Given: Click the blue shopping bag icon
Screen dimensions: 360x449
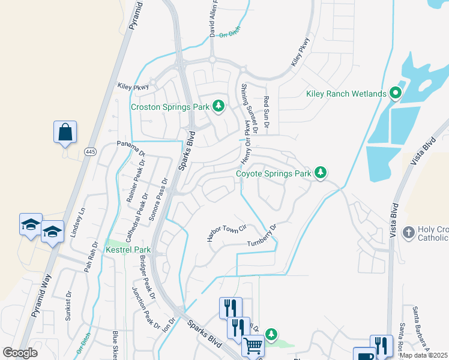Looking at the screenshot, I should pos(65,131).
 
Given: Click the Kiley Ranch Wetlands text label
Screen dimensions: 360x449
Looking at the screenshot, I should pos(345,94).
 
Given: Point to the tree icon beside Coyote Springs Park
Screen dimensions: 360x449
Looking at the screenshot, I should pos(321,173).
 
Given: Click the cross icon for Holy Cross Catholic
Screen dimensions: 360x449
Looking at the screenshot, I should pos(408,232).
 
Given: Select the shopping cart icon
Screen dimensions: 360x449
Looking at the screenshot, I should pos(253,346).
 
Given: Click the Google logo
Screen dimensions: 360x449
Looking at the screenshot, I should pos(20,353).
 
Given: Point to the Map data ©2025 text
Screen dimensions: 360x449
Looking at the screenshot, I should pos(423,355).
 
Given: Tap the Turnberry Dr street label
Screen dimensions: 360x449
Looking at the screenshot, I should pos(264,236).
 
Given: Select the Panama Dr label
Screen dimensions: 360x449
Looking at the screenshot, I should pos(130,148).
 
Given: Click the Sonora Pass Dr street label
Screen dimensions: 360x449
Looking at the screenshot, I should pos(161,199).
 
